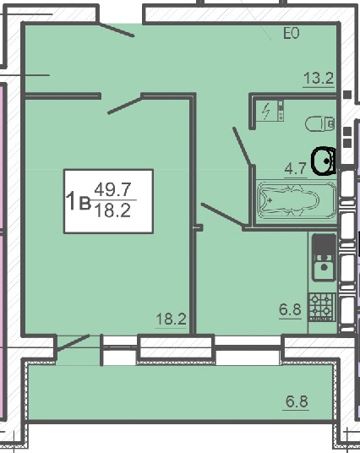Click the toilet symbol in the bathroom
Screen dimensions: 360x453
(319, 123)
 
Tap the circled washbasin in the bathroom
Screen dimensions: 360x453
(324, 161)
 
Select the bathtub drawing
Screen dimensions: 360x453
(297, 201)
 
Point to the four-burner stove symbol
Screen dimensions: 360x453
(321, 308)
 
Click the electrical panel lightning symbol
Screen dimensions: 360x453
(266, 112)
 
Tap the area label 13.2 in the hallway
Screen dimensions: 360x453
(319, 78)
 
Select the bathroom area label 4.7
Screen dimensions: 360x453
(296, 168)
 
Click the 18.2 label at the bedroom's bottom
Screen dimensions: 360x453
(171, 319)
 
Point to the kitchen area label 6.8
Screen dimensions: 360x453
(290, 309)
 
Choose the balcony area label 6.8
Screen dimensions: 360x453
(297, 401)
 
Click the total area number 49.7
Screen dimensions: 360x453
(113, 189)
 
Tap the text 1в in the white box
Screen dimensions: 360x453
(79, 201)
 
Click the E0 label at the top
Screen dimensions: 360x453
(291, 34)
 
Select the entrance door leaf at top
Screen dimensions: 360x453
(116, 30)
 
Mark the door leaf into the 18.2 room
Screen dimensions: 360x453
(125, 106)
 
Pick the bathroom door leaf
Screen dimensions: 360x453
(241, 145)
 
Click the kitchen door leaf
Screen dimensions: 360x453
(222, 214)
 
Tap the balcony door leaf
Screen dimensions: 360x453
(74, 343)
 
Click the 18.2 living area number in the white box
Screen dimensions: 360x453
(112, 211)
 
